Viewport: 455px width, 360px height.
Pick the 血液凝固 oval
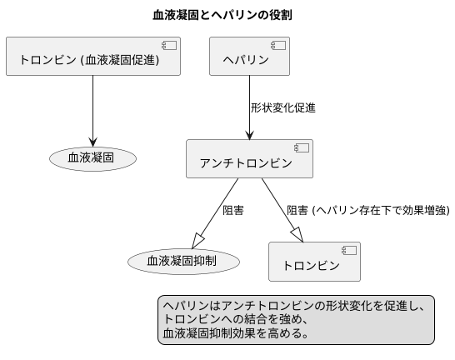pyautogui.click(x=92, y=157)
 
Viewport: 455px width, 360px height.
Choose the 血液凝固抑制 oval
pyautogui.click(x=183, y=261)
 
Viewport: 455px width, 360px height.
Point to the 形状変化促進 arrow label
pyautogui.click(x=282, y=107)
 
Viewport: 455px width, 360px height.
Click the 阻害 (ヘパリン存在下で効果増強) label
pyautogui.click(x=367, y=210)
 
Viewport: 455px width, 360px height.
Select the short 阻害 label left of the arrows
pyautogui.click(x=232, y=210)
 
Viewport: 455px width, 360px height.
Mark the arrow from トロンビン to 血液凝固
pyautogui.click(x=92, y=108)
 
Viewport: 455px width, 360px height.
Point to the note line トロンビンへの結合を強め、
pyautogui.click(x=237, y=320)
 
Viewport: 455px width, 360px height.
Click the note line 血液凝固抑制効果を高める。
pyautogui.click(x=236, y=333)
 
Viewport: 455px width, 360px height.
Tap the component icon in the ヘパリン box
pyautogui.click(x=277, y=45)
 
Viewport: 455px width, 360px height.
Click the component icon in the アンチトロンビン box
pyautogui.click(x=301, y=147)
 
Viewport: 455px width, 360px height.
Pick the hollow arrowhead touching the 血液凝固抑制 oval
pyautogui.click(x=198, y=241)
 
